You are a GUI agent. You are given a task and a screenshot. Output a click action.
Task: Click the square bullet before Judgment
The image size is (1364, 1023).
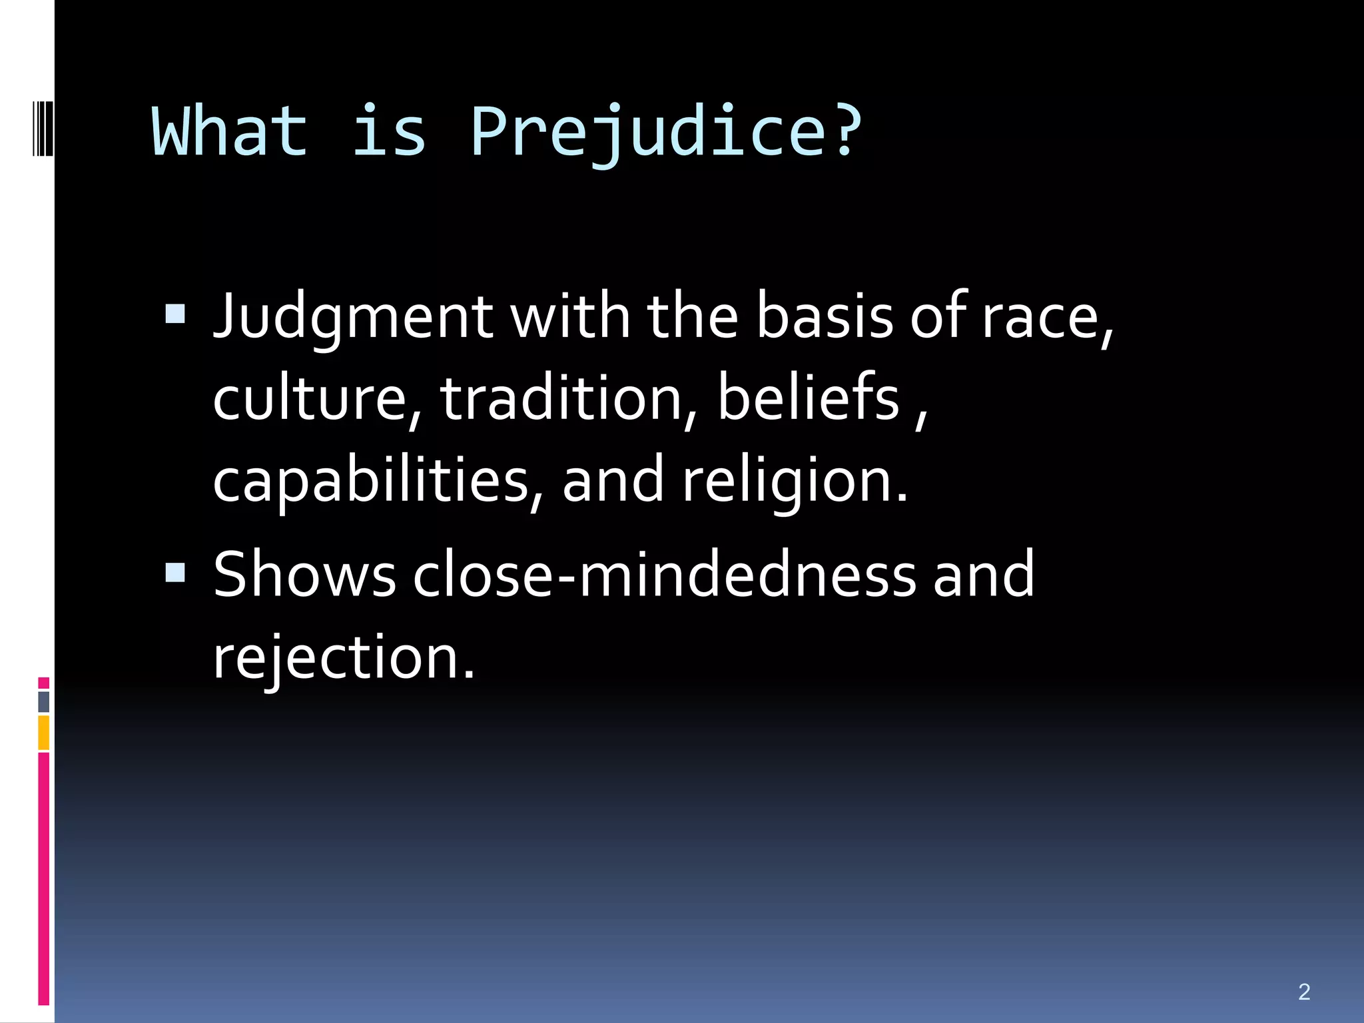[x=175, y=314]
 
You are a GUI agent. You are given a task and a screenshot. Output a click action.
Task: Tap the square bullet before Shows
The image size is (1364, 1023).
[x=175, y=572]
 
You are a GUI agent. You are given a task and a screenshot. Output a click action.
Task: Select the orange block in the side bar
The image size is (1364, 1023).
[x=44, y=733]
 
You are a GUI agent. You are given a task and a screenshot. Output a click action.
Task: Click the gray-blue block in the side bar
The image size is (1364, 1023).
[x=44, y=702]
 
